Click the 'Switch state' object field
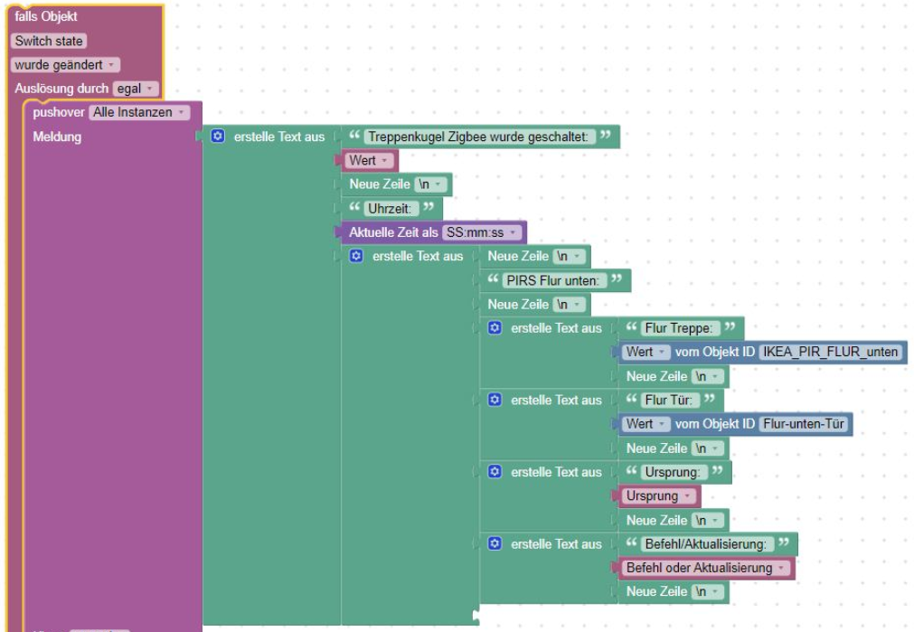(x=49, y=41)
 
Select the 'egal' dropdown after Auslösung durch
(x=135, y=89)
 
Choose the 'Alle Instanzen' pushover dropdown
(x=139, y=112)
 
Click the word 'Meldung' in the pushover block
(x=57, y=137)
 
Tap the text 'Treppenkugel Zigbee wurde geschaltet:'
(x=480, y=137)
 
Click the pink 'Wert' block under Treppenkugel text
(x=367, y=161)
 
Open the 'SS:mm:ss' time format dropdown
(x=483, y=232)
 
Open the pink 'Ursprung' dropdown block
(x=658, y=495)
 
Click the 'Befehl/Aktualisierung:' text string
(x=707, y=544)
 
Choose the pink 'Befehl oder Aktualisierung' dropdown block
(x=705, y=568)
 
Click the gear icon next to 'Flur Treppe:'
(x=495, y=328)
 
